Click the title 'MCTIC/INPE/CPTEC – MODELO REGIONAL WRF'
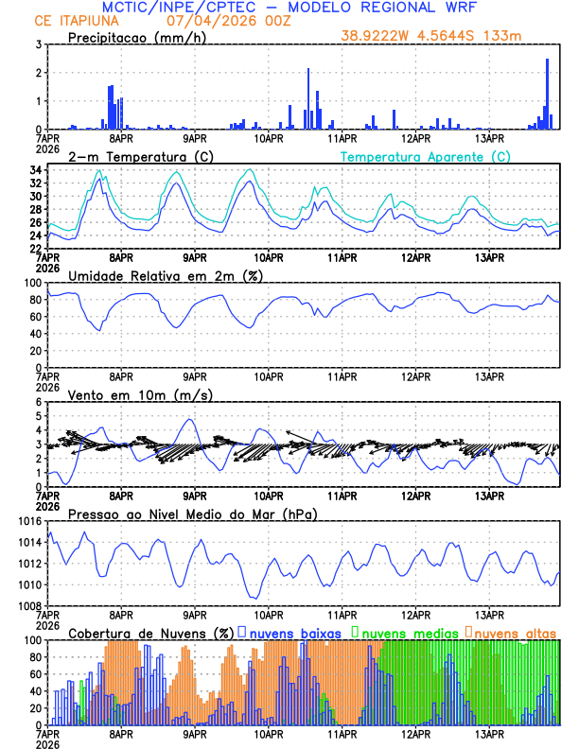click(289, 8)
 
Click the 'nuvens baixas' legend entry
click(288, 632)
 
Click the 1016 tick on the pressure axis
click(30, 521)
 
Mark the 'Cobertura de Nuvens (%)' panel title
click(150, 632)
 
